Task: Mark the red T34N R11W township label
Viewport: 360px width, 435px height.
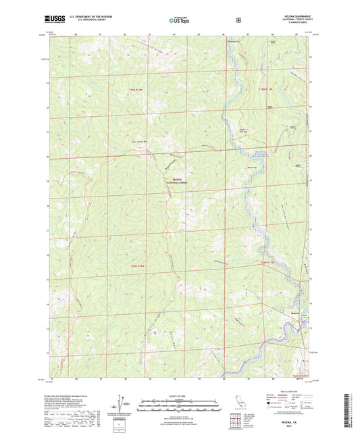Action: tap(267, 262)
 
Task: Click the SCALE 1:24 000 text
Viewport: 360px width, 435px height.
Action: tap(179, 396)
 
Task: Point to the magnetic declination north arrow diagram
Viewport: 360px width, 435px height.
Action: tap(124, 403)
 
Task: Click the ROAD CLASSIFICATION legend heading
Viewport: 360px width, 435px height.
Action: tap(289, 396)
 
